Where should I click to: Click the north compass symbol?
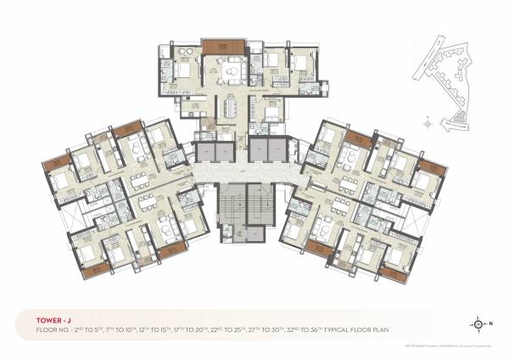479,323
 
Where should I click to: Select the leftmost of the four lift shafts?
204,153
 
